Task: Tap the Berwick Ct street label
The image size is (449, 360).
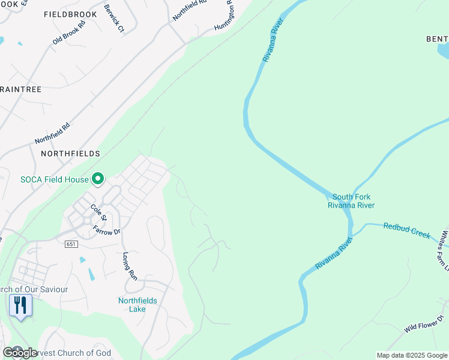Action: [x=113, y=19]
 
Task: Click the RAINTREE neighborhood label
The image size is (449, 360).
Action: [x=21, y=89]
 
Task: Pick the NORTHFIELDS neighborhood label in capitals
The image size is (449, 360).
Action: [x=70, y=154]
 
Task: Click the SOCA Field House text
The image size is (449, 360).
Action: [x=54, y=179]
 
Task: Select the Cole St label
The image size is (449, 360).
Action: [x=98, y=212]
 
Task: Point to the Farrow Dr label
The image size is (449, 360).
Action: [x=107, y=230]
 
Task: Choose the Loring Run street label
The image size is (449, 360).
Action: [x=130, y=266]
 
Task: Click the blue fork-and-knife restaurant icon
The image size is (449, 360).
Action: [x=20, y=305]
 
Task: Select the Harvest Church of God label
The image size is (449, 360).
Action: [x=66, y=353]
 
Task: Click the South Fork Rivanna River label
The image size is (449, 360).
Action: [x=351, y=201]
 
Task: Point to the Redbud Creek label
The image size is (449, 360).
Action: [x=406, y=230]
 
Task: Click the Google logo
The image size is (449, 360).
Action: [x=20, y=353]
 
